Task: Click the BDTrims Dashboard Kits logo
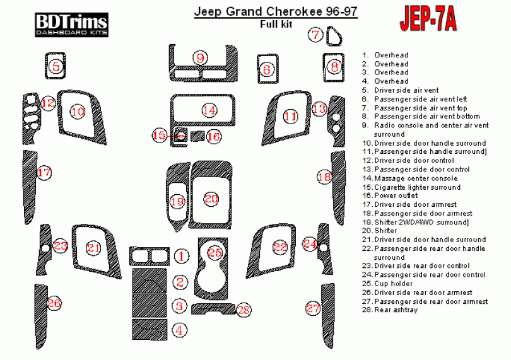click(71, 24)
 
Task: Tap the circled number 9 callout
click(201, 57)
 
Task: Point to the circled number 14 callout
click(209, 111)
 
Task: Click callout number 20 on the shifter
click(211, 199)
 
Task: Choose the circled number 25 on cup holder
click(215, 252)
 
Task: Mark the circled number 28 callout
click(244, 310)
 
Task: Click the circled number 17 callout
click(44, 172)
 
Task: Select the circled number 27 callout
click(313, 308)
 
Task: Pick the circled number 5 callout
click(56, 66)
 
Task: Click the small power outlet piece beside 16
click(197, 136)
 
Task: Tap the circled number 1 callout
click(181, 256)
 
